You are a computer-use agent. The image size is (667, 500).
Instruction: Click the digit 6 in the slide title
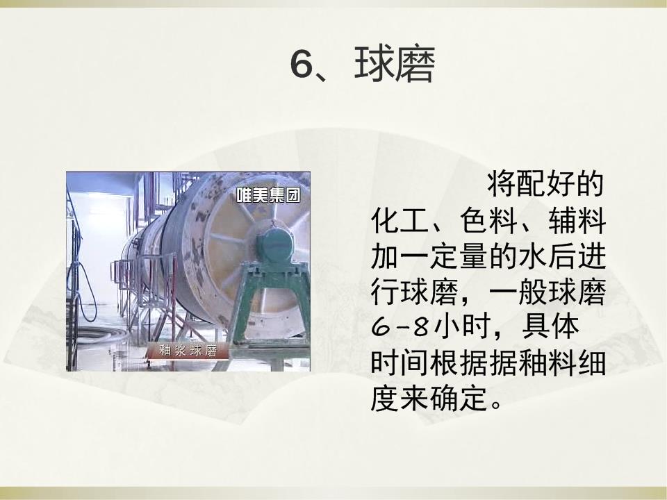click(x=302, y=64)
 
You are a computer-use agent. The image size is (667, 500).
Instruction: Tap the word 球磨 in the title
click(x=395, y=64)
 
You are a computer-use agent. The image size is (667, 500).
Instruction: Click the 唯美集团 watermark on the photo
click(x=268, y=194)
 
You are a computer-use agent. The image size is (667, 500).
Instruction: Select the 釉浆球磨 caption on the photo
click(x=188, y=350)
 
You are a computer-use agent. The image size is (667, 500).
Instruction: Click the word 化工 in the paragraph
click(x=400, y=220)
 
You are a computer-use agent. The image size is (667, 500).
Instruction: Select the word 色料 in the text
click(x=488, y=220)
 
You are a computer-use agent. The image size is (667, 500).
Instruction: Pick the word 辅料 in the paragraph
click(x=577, y=220)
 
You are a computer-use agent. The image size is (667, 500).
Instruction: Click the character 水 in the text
click(x=533, y=256)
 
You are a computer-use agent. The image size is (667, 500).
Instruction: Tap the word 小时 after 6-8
click(x=459, y=327)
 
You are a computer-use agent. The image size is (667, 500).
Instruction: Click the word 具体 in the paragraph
click(x=550, y=327)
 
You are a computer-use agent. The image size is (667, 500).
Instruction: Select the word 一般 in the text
click(x=518, y=292)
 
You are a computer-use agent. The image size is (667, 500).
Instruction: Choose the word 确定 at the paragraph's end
click(x=459, y=398)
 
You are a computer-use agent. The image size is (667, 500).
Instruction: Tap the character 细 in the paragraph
click(x=592, y=362)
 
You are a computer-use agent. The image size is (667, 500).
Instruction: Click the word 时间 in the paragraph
click(x=400, y=362)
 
